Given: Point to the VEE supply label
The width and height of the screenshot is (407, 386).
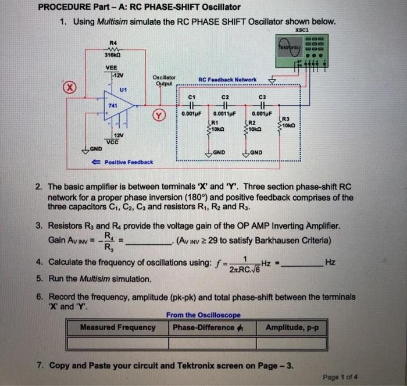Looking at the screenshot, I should point(110,67).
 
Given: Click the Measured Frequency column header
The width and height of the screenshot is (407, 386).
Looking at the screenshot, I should point(118,327).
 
